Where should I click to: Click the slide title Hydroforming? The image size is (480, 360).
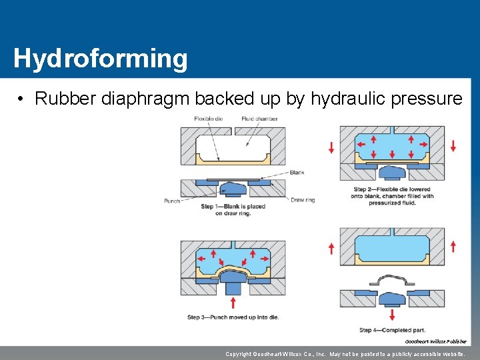pos(100,59)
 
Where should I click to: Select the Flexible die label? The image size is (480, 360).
pos(209,119)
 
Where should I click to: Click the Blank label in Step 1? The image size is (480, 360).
pos(297,173)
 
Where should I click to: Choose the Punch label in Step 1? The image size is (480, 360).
pos(171,200)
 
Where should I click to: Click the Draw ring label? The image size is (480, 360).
pos(303,200)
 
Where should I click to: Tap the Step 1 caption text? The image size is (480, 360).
pos(233,210)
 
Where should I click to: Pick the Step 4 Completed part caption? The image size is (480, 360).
pos(393,330)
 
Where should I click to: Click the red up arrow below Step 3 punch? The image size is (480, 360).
pos(233,303)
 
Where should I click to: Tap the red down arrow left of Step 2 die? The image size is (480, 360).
pos(331,147)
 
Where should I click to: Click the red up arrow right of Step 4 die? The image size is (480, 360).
pos(453,247)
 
